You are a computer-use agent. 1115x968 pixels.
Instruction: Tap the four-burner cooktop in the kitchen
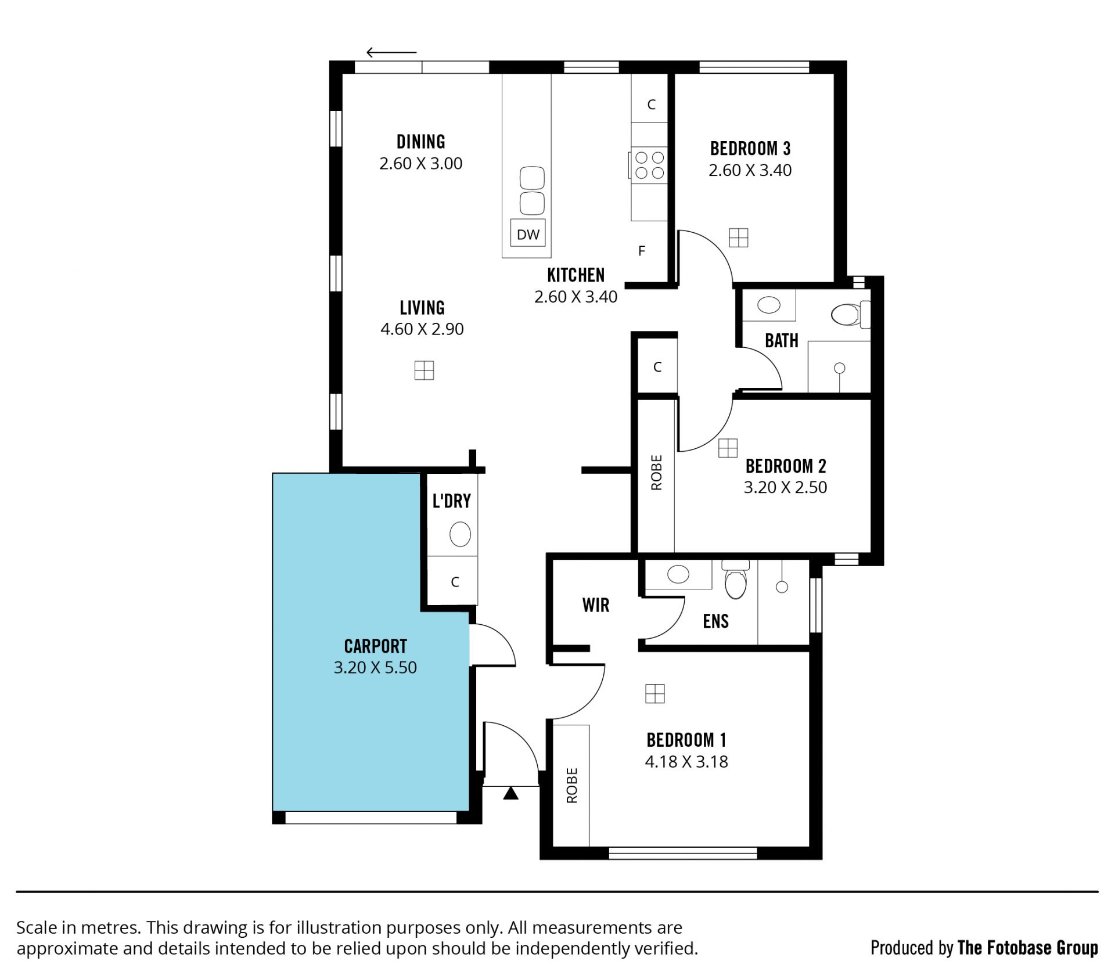point(649,165)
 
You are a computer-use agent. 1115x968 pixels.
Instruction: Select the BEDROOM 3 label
point(750,149)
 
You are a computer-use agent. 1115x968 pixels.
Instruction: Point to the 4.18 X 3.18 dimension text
point(686,761)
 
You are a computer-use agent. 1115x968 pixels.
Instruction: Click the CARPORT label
point(375,646)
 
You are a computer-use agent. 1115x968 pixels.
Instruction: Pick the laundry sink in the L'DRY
point(460,534)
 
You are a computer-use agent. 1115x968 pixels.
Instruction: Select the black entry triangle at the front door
point(510,793)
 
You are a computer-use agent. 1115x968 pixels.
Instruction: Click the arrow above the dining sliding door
point(391,53)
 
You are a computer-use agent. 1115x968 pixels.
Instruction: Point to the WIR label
point(596,605)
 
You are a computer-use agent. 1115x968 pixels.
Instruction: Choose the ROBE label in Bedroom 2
point(656,473)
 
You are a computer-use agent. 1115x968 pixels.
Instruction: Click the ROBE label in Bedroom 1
point(572,786)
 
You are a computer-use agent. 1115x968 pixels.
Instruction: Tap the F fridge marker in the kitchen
point(642,251)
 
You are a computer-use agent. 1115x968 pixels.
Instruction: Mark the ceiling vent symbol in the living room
point(424,370)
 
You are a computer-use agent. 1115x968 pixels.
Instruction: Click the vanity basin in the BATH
point(769,304)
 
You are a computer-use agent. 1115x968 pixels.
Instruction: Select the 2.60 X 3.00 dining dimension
point(421,163)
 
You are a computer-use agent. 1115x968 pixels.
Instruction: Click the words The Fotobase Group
point(1027,948)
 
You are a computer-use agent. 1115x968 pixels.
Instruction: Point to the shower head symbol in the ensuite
point(782,586)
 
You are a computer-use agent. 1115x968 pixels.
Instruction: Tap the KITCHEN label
point(576,275)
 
